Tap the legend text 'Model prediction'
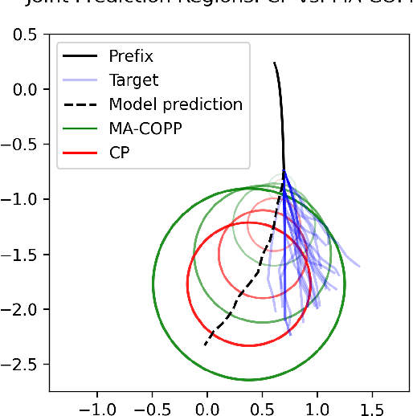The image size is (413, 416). click(175, 104)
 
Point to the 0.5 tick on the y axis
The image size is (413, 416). click(29, 35)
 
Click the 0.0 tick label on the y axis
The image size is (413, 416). click(29, 89)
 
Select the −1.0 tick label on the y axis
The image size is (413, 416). click(23, 199)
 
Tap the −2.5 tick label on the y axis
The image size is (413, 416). click(23, 364)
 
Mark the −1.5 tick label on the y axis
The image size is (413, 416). click(23, 255)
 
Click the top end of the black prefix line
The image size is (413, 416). click(274, 63)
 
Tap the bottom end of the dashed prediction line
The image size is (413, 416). click(204, 346)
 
